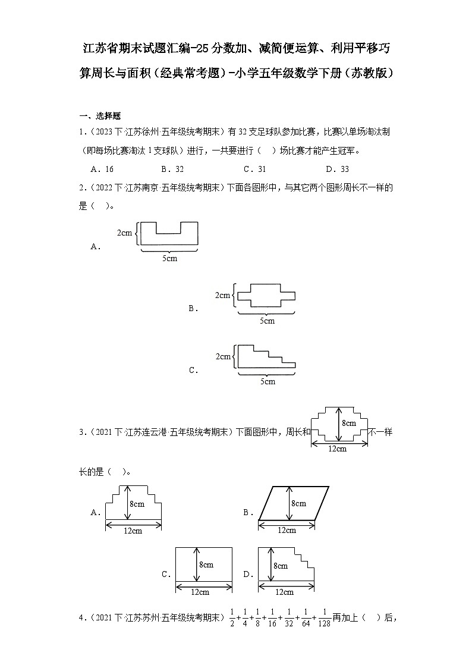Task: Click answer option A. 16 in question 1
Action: pyautogui.click(x=102, y=168)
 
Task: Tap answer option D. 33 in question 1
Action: pyautogui.click(x=337, y=168)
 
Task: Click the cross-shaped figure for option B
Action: pyautogui.click(x=266, y=295)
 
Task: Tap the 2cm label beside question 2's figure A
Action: pyautogui.click(x=124, y=233)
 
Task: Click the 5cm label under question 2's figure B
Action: pyautogui.click(x=267, y=321)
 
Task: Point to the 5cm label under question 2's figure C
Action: pyautogui.click(x=267, y=381)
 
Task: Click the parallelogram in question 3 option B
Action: pyautogui.click(x=294, y=503)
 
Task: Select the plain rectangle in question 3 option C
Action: pyautogui.click(x=203, y=564)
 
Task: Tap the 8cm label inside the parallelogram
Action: pyautogui.click(x=298, y=503)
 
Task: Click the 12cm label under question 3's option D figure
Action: pyautogui.click(x=284, y=591)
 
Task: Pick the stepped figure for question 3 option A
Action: pyautogui.click(x=134, y=503)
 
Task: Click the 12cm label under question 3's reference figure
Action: pyautogui.click(x=337, y=449)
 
